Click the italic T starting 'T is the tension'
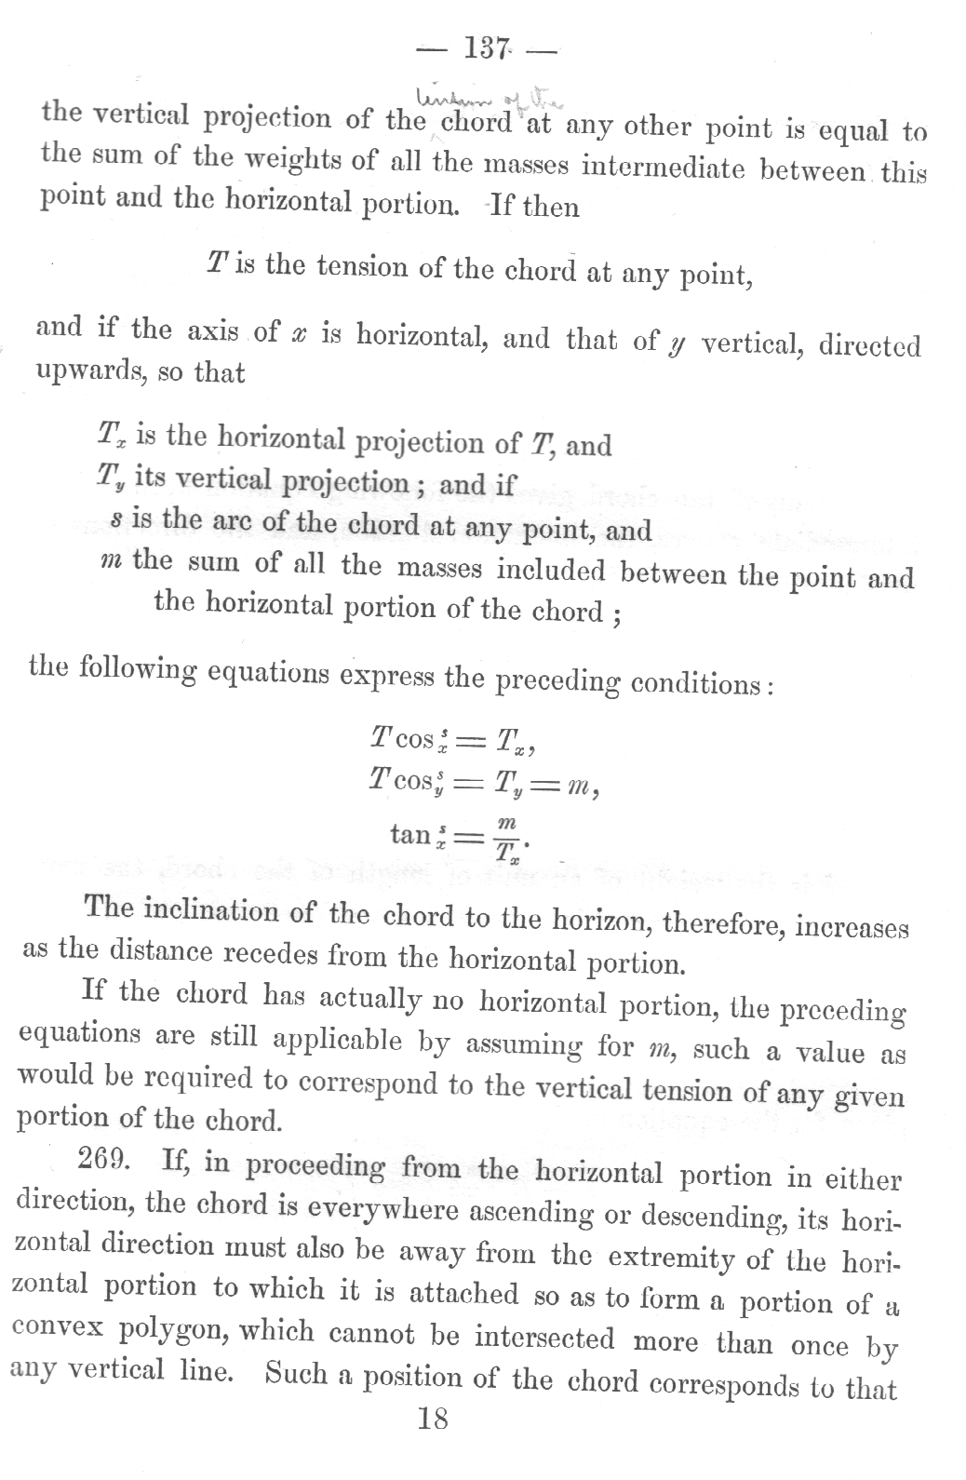pos(215,265)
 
